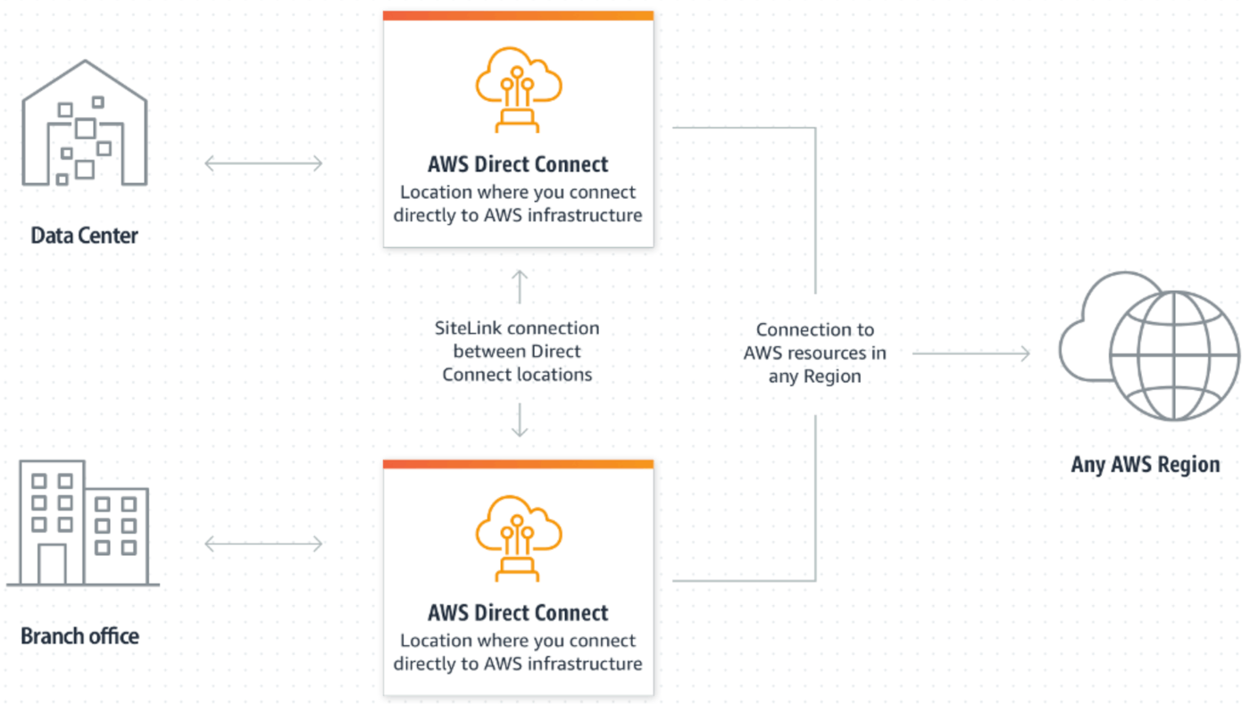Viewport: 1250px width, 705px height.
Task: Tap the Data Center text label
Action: point(85,236)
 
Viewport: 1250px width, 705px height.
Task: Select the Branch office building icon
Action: point(82,523)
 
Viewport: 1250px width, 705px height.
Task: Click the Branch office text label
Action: point(80,636)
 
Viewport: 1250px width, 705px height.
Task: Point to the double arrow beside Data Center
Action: point(263,163)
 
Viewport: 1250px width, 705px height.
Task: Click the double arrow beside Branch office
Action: point(263,543)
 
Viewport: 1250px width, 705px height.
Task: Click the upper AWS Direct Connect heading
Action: point(518,164)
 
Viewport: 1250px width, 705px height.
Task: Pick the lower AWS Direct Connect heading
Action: point(518,613)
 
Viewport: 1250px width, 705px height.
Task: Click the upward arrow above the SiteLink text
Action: point(519,286)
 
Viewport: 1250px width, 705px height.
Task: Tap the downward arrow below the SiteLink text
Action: point(519,420)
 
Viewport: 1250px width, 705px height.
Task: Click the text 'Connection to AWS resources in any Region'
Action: point(814,353)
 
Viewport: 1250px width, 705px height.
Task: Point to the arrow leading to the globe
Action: point(971,353)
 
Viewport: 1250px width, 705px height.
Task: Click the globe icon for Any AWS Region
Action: point(1173,357)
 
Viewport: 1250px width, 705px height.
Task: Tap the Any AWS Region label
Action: point(1146,465)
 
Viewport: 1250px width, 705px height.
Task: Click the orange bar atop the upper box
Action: point(518,15)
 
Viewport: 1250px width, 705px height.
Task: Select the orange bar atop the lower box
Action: point(518,464)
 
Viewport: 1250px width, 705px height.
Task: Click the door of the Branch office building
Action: point(52,564)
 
